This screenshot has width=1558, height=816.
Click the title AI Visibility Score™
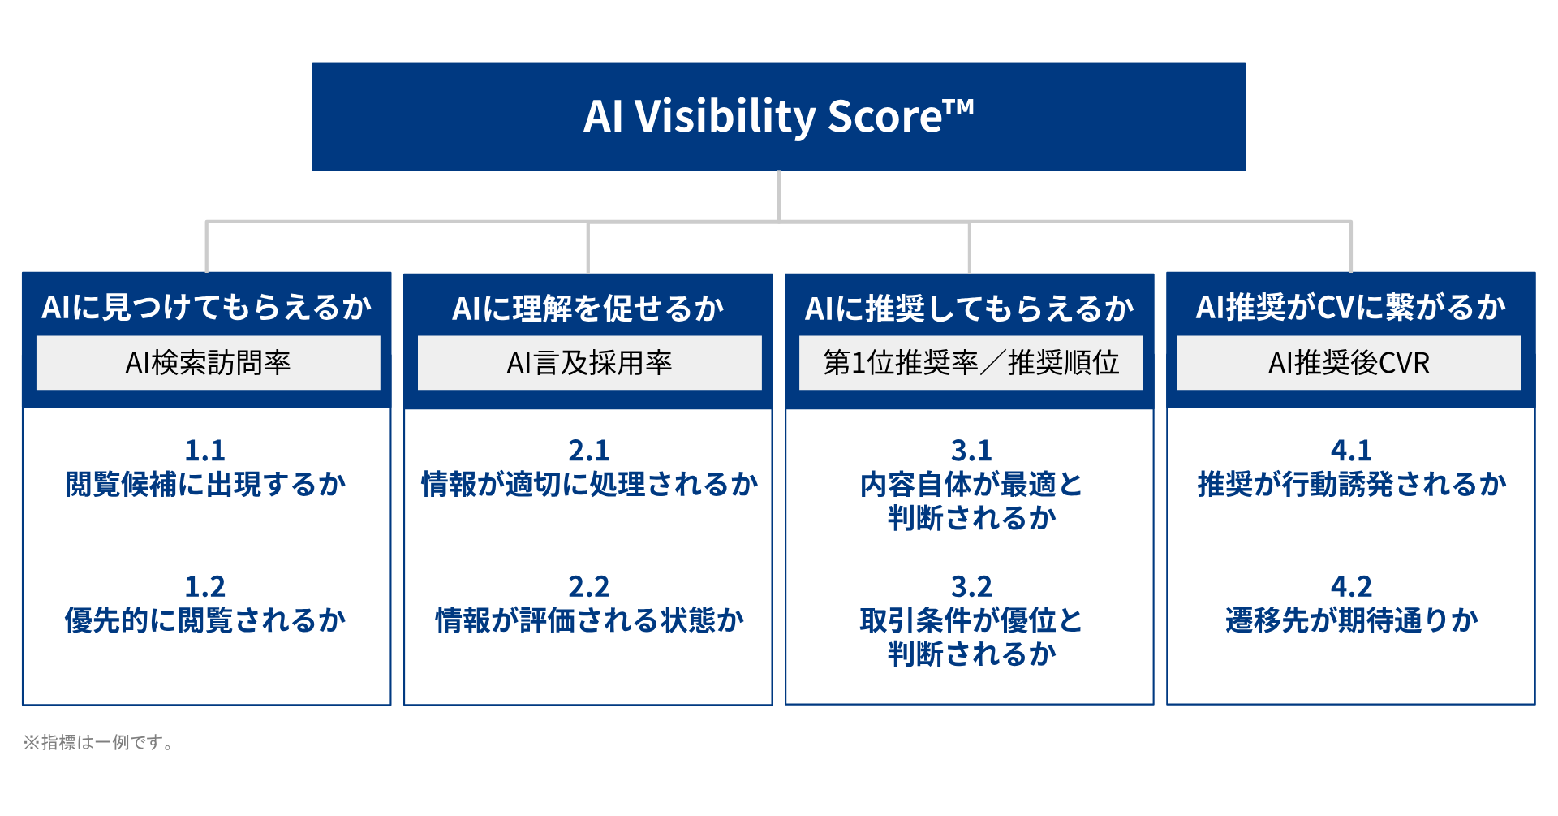click(x=779, y=116)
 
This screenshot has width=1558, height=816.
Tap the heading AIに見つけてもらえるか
click(x=207, y=307)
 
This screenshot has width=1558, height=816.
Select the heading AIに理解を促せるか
click(x=588, y=309)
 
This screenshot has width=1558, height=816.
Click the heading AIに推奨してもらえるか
click(x=970, y=309)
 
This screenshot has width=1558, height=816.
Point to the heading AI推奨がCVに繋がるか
click(x=1351, y=307)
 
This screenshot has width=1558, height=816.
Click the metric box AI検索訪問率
click(x=209, y=362)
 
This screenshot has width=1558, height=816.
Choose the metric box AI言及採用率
click(x=590, y=362)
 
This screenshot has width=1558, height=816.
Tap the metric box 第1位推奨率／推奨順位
click(x=971, y=362)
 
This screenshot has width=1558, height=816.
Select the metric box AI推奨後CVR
click(x=1349, y=362)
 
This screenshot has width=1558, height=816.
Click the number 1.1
click(x=205, y=450)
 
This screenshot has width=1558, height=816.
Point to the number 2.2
click(x=589, y=586)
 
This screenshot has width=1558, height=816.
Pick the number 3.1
click(x=971, y=450)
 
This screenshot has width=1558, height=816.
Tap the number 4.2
click(x=1351, y=586)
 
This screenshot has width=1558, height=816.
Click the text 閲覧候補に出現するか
click(x=205, y=484)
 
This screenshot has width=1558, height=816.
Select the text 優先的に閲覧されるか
click(x=205, y=620)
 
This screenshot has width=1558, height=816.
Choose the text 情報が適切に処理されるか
click(x=590, y=484)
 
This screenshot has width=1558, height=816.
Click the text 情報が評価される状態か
click(x=590, y=620)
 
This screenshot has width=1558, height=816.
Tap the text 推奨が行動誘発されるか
click(x=1352, y=484)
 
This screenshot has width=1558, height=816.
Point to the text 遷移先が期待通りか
click(x=1352, y=620)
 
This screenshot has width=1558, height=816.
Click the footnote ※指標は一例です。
click(x=98, y=742)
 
